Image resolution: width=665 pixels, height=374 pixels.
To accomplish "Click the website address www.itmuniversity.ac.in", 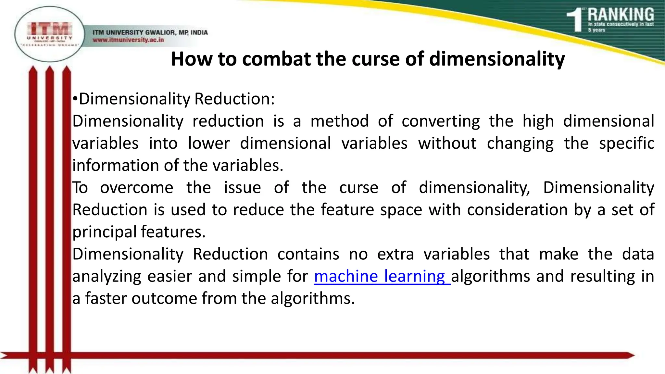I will coord(128,40).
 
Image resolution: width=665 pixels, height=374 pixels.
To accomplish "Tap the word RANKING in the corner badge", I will coord(621,15).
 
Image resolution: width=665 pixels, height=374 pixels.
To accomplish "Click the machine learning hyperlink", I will coord(382,276).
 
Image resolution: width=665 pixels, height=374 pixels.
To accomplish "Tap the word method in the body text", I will coord(340,121).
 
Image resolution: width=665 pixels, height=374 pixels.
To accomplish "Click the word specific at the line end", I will coord(626,143).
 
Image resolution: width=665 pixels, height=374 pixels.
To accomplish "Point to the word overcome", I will coord(137,188).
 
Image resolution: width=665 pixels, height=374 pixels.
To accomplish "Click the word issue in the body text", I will coord(242,188).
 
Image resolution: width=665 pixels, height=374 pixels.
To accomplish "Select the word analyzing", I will coord(107,277).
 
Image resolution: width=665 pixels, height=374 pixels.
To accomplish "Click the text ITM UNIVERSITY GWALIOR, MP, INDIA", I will coord(150,32).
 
